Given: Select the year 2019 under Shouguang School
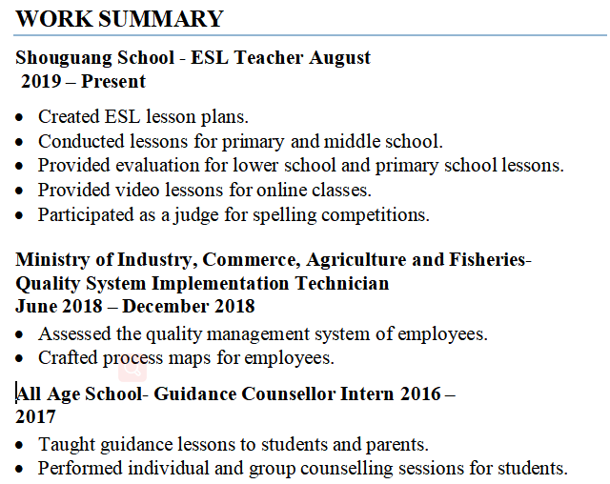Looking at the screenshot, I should coord(41,81).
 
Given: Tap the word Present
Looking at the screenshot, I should coord(113,81).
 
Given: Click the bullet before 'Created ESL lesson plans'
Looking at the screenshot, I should coord(21,117).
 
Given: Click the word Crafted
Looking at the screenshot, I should coord(67,358).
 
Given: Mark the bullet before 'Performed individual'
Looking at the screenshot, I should coord(21,469).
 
